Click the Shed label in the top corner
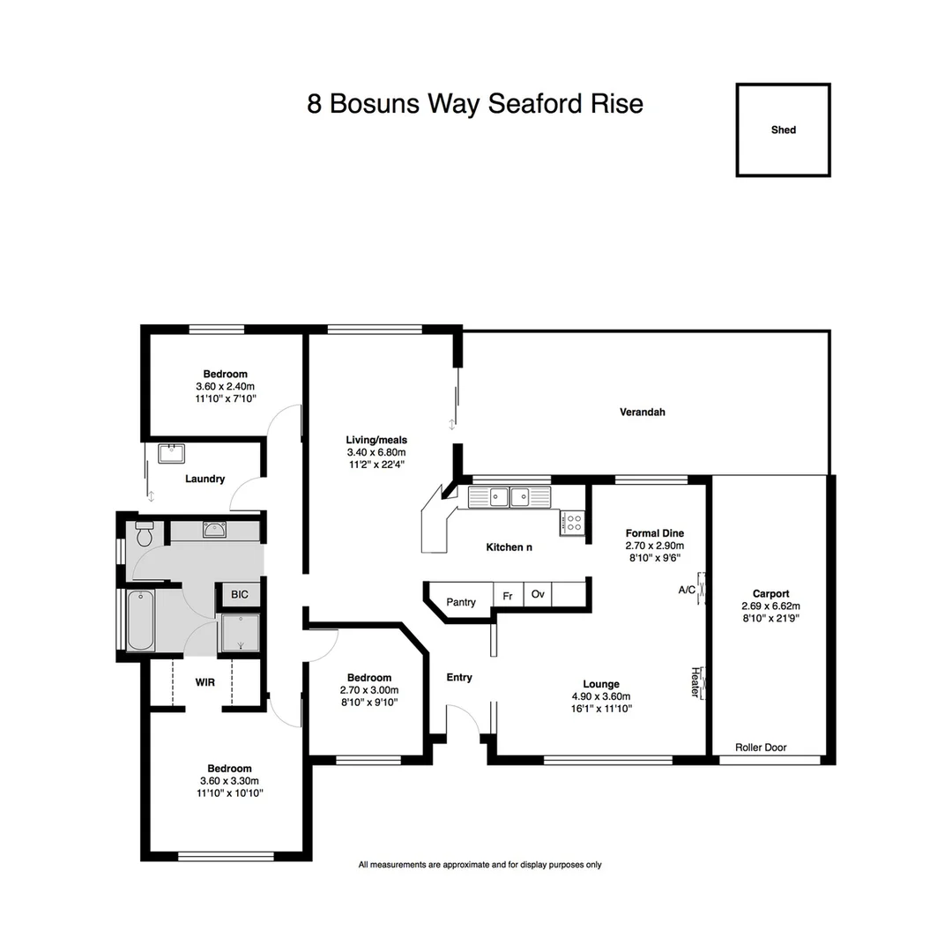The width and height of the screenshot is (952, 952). (783, 130)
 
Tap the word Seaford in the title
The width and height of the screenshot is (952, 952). (537, 104)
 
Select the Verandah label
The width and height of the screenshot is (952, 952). (642, 412)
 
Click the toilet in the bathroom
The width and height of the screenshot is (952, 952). (145, 532)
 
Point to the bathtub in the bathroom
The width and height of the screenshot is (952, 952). (141, 621)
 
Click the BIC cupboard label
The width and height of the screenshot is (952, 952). (240, 595)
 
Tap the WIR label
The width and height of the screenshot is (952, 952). (205, 681)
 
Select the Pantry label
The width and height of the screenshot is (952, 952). (461, 602)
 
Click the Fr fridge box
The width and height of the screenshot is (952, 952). (508, 596)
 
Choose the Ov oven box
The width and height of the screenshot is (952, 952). (538, 594)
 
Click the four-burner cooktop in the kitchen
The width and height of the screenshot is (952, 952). (573, 522)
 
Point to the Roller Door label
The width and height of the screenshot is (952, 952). (761, 747)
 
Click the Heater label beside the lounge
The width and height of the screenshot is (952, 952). (695, 682)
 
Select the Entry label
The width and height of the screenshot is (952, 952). (459, 677)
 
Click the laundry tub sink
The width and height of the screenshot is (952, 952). (171, 454)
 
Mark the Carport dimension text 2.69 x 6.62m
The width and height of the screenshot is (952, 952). (770, 606)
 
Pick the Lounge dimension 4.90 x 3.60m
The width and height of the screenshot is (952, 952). (601, 695)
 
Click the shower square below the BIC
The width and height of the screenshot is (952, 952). (239, 633)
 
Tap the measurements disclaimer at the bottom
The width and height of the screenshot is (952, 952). (480, 865)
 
